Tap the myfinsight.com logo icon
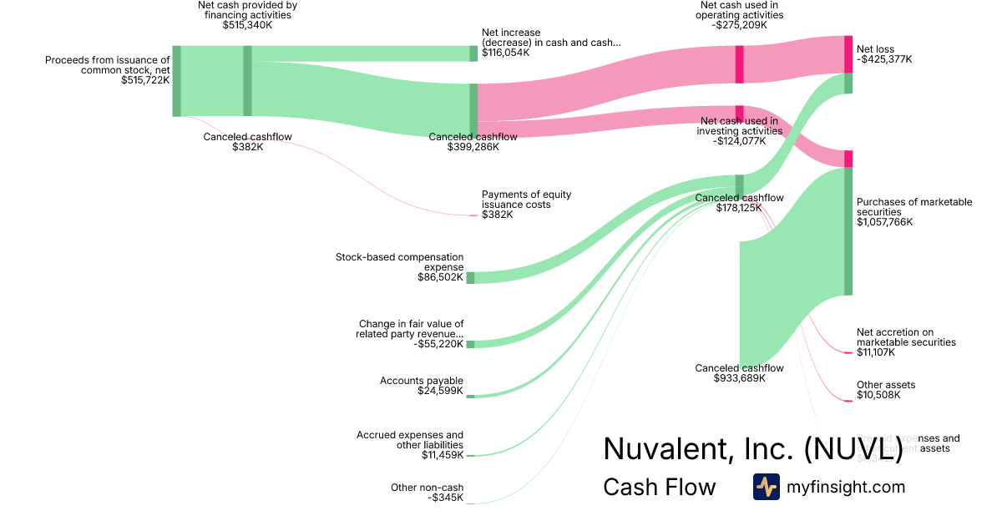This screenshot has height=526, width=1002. pyautogui.click(x=766, y=487)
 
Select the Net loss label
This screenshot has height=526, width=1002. pyautogui.click(x=875, y=49)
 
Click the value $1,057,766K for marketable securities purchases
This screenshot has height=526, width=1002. pyautogui.click(x=884, y=222)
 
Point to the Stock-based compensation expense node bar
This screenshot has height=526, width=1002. pyautogui.click(x=470, y=277)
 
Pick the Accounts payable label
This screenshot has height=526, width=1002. pyautogui.click(x=422, y=381)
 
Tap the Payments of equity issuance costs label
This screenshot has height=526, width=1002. pyautogui.click(x=526, y=200)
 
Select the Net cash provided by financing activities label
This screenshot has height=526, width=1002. pyautogui.click(x=247, y=10)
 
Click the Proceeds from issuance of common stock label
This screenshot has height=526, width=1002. pyautogui.click(x=108, y=65)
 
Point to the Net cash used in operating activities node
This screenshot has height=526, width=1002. pyautogui.click(x=739, y=64)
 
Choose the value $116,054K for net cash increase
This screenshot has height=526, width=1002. pyautogui.click(x=505, y=53)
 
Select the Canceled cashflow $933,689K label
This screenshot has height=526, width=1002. pyautogui.click(x=739, y=368)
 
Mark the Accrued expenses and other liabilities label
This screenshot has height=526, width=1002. pyautogui.click(x=410, y=440)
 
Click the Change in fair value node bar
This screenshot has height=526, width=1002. pyautogui.click(x=470, y=344)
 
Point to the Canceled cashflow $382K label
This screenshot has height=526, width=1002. pyautogui.click(x=248, y=137)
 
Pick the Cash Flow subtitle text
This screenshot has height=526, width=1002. pyautogui.click(x=660, y=487)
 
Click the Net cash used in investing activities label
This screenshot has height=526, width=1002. pyautogui.click(x=740, y=126)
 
